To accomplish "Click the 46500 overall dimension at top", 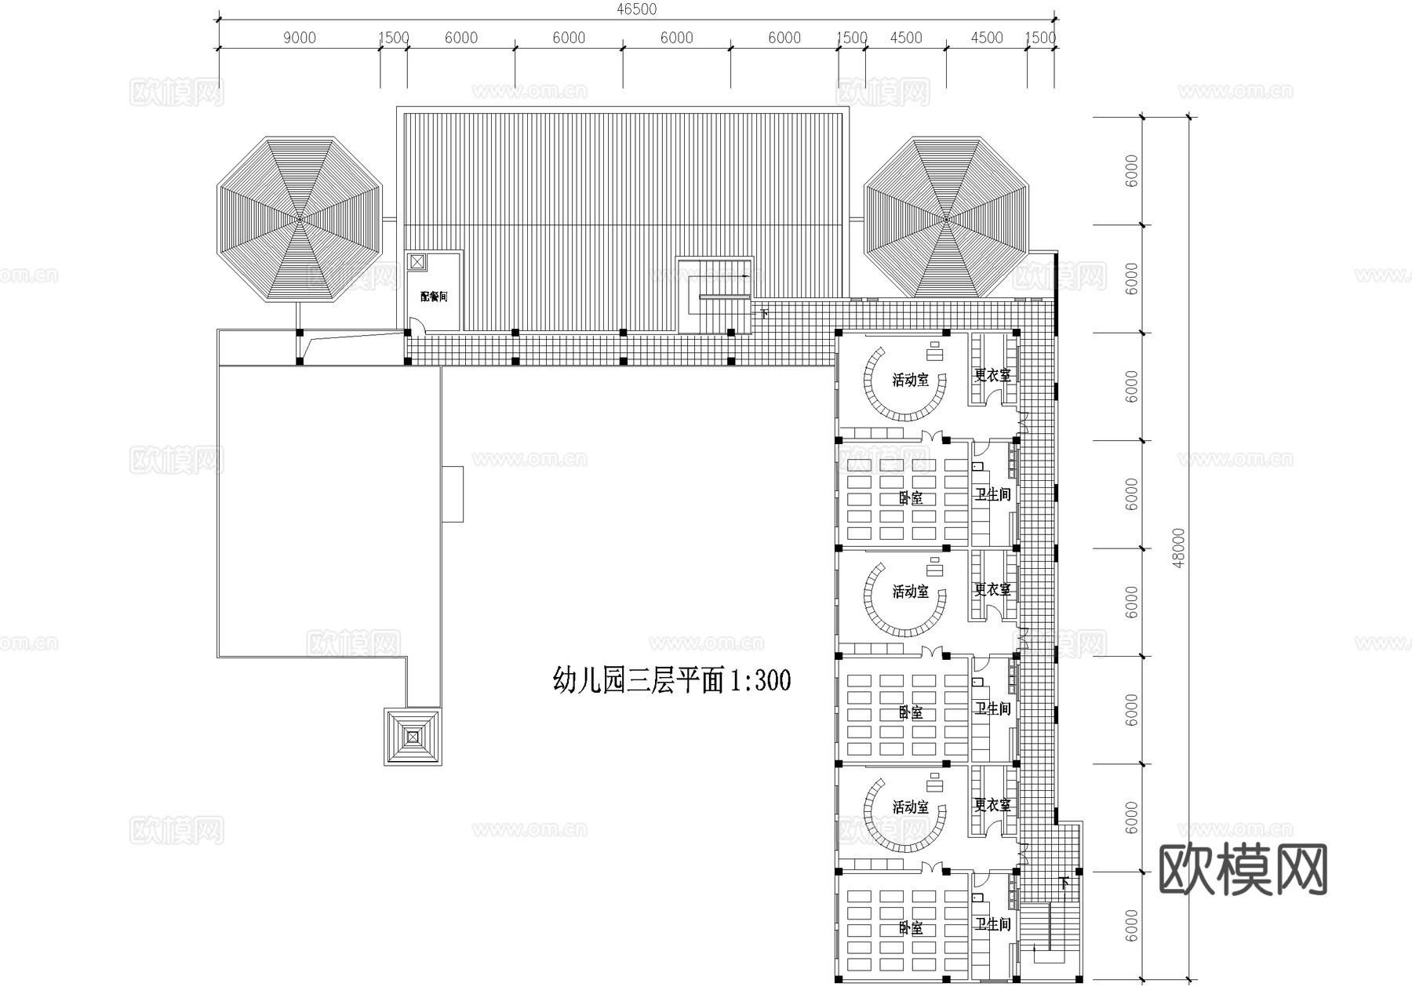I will pos(636,9).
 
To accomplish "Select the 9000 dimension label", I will pos(299,38).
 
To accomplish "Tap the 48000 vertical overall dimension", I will pos(1180,548).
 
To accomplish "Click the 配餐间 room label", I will pos(434,297).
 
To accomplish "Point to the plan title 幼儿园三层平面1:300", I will pos(671,679).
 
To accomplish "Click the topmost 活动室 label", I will pos(910,381).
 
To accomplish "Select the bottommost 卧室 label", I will pos(910,928).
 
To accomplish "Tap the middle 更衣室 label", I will pos(992,589).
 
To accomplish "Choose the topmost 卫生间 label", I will pos(992,494).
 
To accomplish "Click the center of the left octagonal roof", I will pos(299,220).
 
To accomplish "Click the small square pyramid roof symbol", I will pos(413,737).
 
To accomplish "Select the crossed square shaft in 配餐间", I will pos(417,262).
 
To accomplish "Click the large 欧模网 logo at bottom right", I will pos(1243,869).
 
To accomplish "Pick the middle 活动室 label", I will pos(910,592).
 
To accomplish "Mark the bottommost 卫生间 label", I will pos(992,925).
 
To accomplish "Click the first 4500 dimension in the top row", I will pos(906,38).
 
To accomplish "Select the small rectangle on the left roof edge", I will pos(452,494).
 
